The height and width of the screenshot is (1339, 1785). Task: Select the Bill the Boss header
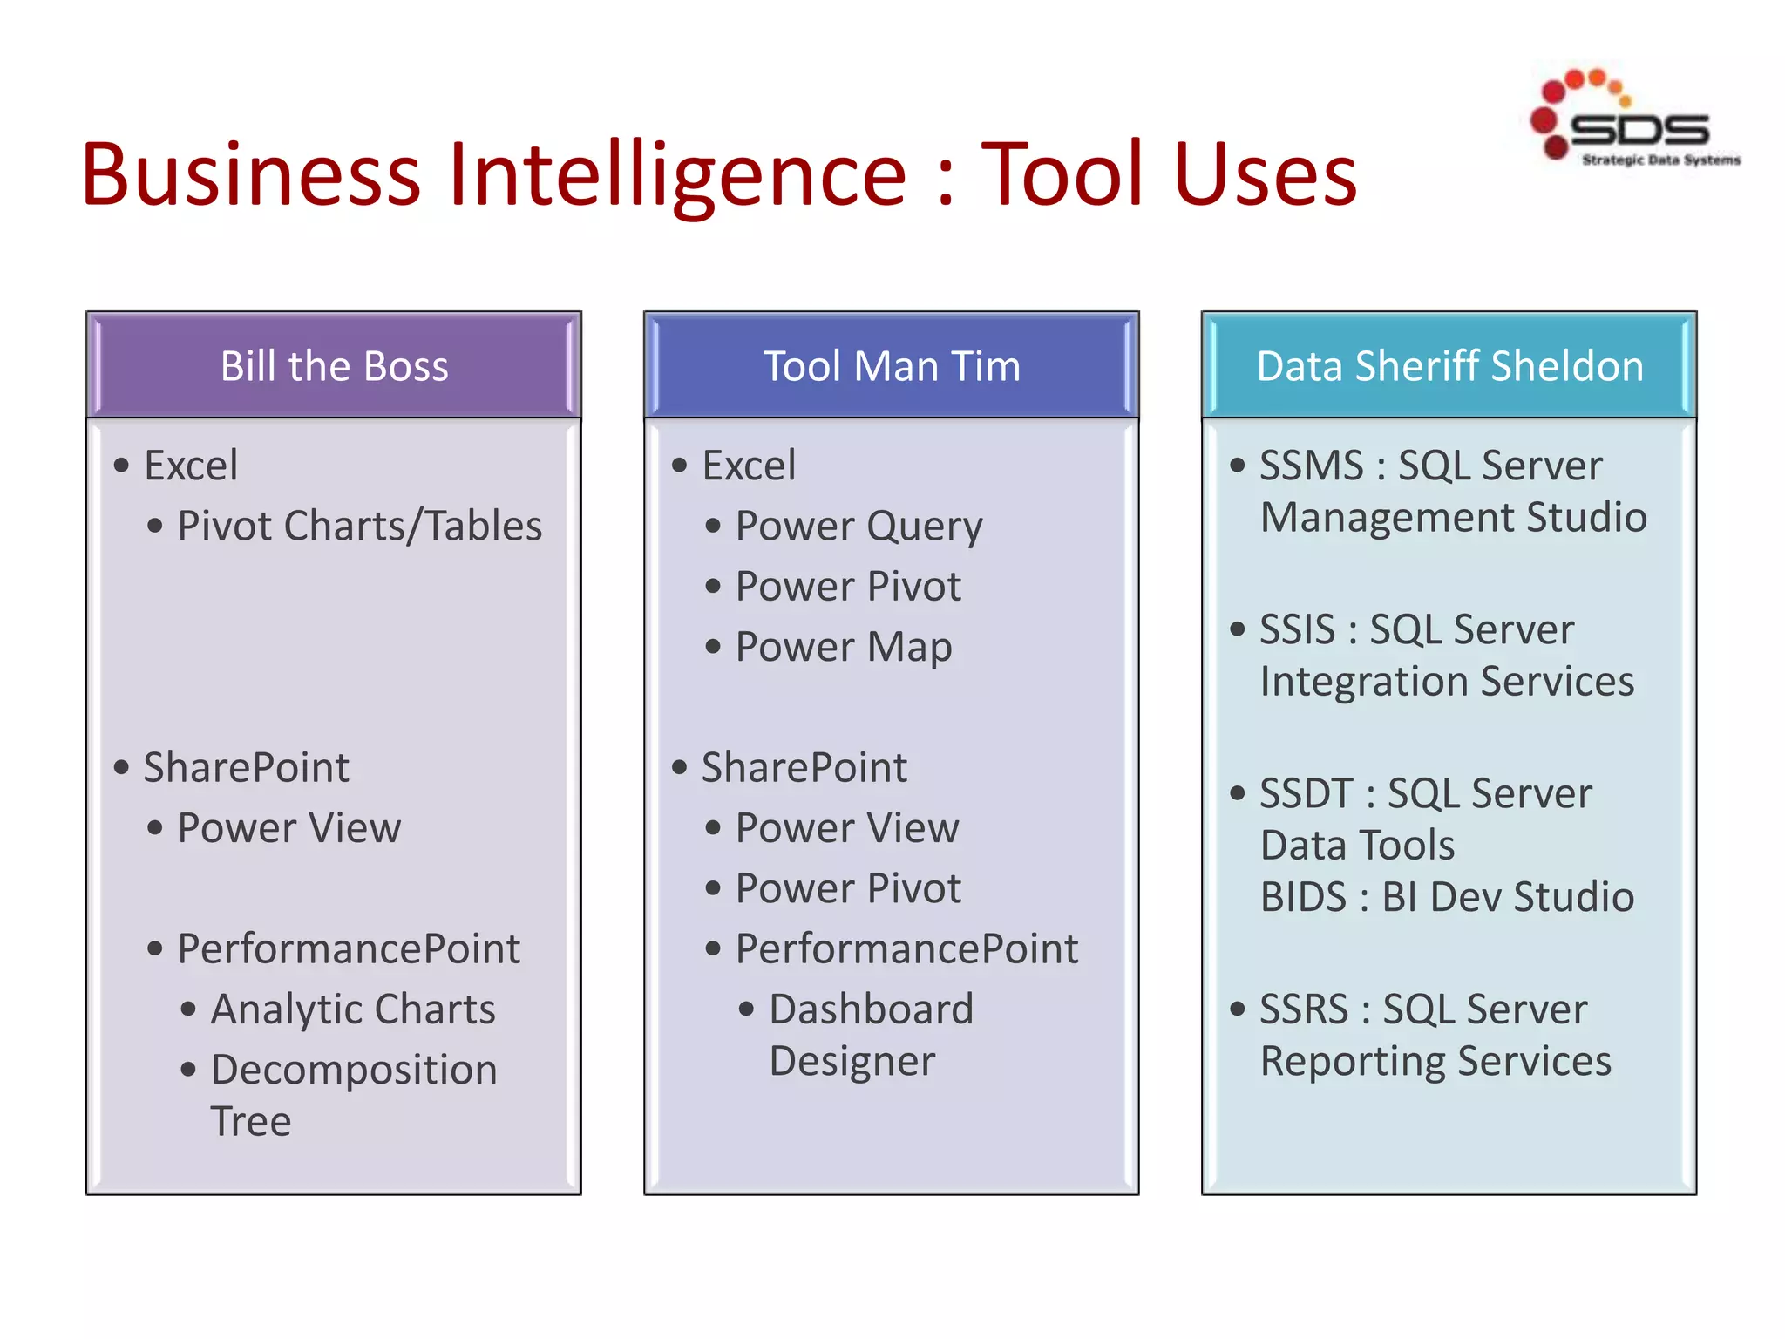(x=334, y=366)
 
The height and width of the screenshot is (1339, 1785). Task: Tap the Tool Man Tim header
(x=891, y=366)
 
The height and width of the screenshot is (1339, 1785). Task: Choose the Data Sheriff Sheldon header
(x=1449, y=366)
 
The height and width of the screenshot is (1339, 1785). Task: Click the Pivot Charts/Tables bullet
(x=359, y=527)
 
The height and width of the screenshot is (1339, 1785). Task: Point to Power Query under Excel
(x=859, y=527)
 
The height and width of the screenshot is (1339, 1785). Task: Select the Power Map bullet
(x=843, y=648)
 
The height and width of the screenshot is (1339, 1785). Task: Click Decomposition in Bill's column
(x=354, y=1071)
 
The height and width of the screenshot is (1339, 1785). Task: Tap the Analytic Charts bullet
(x=353, y=1009)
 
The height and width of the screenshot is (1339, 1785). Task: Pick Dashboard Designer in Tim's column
(x=871, y=1036)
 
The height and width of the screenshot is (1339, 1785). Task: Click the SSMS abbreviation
(x=1311, y=466)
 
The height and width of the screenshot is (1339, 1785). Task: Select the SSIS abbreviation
(x=1297, y=629)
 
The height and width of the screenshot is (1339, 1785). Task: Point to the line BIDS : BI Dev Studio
(x=1447, y=897)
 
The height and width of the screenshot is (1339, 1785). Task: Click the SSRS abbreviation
(x=1304, y=1009)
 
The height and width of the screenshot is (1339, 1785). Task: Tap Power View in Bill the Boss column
(x=288, y=828)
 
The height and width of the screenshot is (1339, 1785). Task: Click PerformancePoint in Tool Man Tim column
(x=906, y=949)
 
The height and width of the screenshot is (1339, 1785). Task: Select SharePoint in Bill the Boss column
(x=246, y=768)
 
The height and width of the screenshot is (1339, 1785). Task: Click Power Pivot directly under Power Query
(x=848, y=587)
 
